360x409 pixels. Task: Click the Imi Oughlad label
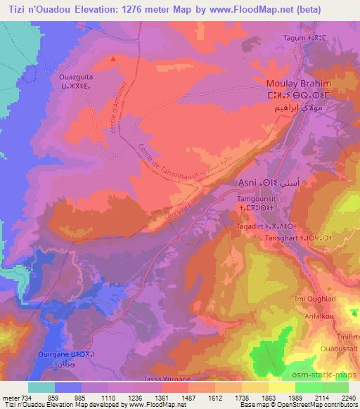click(x=331, y=299)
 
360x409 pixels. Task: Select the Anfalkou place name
click(x=334, y=314)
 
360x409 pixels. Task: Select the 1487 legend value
click(x=188, y=397)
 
